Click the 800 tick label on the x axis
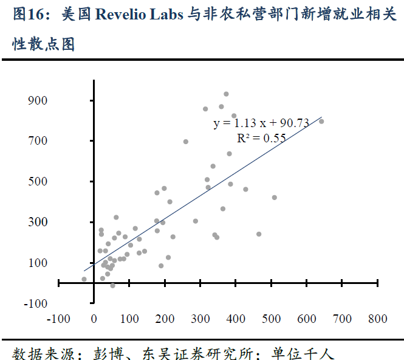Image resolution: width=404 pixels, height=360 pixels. (x=378, y=319)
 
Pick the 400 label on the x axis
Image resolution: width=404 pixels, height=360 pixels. (x=236, y=319)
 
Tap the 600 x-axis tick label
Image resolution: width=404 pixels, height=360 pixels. (x=307, y=319)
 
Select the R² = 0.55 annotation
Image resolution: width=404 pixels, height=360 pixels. (x=261, y=138)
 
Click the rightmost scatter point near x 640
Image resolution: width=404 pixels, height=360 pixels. (x=321, y=121)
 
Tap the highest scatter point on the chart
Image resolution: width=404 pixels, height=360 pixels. (x=226, y=94)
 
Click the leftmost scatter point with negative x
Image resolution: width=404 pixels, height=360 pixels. (x=84, y=279)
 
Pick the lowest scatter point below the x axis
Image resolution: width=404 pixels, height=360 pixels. (x=112, y=285)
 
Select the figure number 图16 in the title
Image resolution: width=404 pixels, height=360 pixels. (x=29, y=15)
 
